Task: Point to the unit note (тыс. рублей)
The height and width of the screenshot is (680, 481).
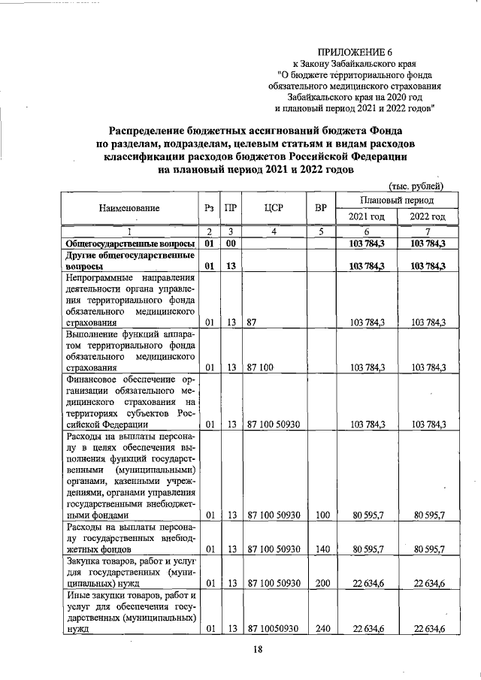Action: coord(416,186)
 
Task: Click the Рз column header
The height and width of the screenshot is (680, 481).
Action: coord(210,207)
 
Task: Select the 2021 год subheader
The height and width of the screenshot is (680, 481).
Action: coord(366,217)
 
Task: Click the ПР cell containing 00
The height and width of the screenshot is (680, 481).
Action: coord(233,244)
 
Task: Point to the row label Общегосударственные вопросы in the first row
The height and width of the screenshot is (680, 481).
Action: coord(129,244)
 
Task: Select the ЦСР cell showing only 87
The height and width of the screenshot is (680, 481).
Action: coord(253,322)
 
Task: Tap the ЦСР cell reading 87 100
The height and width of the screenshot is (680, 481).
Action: coord(261,367)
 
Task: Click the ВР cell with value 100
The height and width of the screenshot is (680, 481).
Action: coord(322,515)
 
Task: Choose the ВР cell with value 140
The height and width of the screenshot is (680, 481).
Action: coord(322,549)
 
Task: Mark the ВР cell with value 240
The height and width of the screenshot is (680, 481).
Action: coord(322,629)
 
